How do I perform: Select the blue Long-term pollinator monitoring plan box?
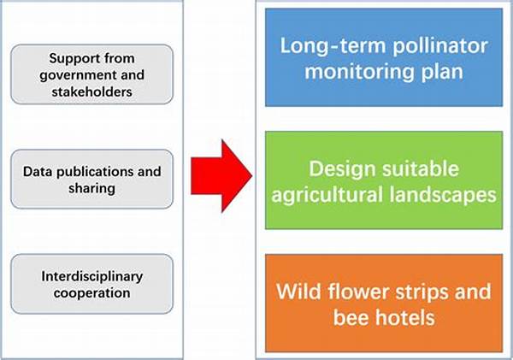point(384,57)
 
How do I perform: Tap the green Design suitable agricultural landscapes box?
point(384,180)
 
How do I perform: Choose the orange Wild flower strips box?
point(384,304)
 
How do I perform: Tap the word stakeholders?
point(92,92)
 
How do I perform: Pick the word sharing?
point(92,189)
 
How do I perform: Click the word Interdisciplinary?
point(92,277)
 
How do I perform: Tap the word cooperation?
point(92,293)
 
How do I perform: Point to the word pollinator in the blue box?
point(440,46)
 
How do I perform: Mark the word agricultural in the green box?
point(327,195)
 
